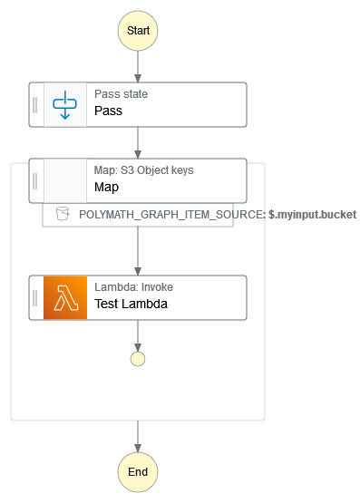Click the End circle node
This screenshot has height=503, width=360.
point(138,472)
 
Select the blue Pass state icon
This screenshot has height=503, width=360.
point(65,104)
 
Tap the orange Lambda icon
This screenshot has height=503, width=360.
point(65,297)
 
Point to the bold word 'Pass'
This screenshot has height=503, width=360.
point(108,111)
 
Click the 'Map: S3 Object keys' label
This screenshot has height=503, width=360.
point(143,170)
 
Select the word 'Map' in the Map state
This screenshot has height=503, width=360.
point(106,188)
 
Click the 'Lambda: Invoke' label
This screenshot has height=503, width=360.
point(133,287)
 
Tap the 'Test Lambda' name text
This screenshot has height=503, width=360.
point(131,305)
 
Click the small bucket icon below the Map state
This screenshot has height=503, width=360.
point(62,214)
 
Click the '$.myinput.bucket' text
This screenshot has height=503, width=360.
point(312,215)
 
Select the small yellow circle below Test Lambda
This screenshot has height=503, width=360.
point(138,359)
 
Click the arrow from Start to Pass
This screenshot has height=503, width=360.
point(138,66)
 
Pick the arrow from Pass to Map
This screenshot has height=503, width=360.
point(138,142)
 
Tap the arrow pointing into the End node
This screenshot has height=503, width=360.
point(138,436)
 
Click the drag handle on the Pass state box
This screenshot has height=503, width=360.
point(35,104)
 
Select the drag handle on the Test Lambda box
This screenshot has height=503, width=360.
point(35,297)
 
